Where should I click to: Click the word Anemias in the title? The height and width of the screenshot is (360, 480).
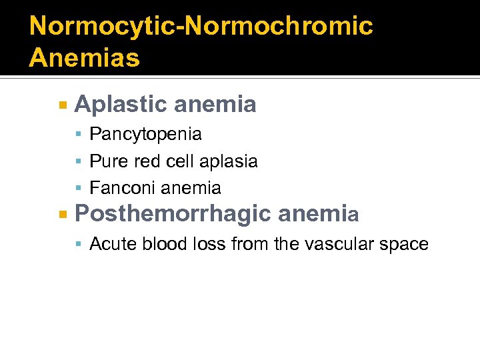[x=85, y=57]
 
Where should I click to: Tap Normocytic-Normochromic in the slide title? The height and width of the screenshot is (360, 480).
[x=201, y=26]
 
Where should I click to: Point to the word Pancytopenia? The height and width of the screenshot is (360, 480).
[x=145, y=134]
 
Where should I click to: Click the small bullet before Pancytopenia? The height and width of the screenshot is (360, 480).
[x=79, y=135]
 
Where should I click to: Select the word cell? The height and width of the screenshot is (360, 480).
[x=177, y=161]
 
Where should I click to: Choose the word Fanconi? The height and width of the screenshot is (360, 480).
[x=122, y=189]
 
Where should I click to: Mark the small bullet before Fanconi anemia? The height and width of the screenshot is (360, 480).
[x=79, y=189]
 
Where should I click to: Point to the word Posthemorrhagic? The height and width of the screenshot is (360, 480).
[x=173, y=214]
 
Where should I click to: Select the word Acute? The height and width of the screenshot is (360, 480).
[x=110, y=244]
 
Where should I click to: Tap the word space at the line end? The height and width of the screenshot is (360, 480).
[x=405, y=245]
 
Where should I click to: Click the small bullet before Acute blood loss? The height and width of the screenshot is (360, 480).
[x=79, y=245]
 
